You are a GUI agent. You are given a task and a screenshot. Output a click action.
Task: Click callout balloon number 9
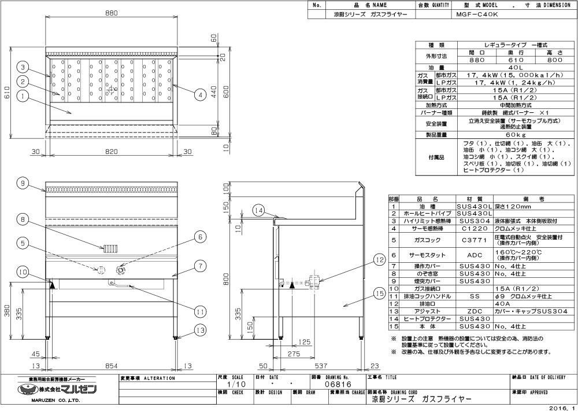pos(23,184)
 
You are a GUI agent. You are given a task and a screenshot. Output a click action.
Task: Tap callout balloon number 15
pos(379,294)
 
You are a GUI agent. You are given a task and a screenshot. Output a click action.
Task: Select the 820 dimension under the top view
pos(112,152)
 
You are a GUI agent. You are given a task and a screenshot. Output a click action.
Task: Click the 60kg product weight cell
pos(516,134)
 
